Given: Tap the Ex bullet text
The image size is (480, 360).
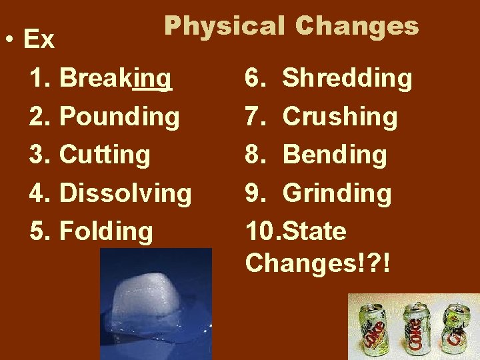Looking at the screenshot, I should pos(39,40).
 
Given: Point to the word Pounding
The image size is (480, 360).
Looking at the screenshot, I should pos(119,117).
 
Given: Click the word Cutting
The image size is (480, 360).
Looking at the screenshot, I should pos(105,155).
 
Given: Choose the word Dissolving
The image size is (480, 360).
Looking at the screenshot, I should pos(125,193).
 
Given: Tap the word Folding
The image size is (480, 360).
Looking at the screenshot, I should pos(106,231).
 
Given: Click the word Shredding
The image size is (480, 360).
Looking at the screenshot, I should pos(347,79).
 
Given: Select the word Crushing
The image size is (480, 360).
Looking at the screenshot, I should pos(340,117).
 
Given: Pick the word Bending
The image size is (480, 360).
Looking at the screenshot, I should pos(335,155).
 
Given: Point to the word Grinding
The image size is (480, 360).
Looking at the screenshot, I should pos(337,193).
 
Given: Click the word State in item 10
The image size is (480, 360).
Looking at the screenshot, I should pos(315,231).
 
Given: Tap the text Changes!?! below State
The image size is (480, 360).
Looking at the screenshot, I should pos(317,262).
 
